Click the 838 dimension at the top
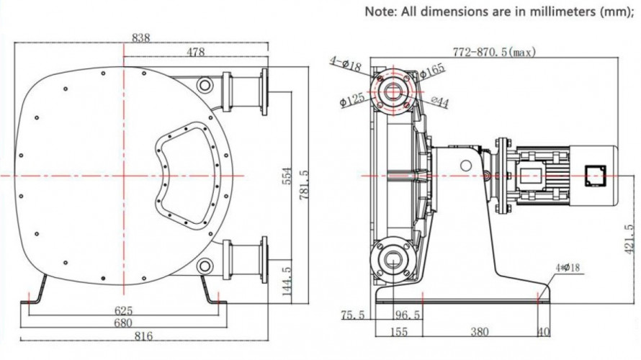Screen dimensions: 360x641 (141, 38)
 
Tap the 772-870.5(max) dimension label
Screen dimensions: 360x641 (494, 53)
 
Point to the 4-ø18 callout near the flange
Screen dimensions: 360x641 (346, 65)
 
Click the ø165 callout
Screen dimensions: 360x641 (433, 70)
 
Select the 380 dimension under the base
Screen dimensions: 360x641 (479, 332)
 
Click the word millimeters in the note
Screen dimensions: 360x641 (555, 12)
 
